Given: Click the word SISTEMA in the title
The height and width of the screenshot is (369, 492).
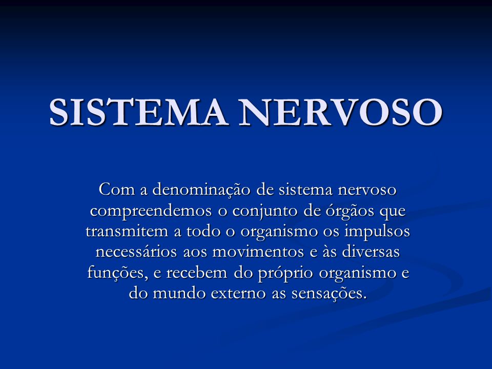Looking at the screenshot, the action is [138, 112].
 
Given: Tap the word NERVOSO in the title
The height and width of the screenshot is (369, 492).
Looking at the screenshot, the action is [340, 112].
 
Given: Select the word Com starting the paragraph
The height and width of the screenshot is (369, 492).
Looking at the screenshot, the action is [117, 189].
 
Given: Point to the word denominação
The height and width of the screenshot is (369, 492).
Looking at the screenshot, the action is [201, 190].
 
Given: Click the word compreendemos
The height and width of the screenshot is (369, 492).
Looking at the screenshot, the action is [151, 211].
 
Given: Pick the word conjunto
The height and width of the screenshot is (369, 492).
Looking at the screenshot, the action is [265, 211].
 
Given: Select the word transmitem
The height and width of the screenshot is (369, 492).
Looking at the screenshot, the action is [127, 231].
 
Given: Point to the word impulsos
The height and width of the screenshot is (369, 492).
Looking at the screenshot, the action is [377, 232].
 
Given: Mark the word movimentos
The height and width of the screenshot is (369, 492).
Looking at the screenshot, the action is [258, 252].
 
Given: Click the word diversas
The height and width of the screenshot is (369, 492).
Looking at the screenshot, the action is [371, 252].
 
